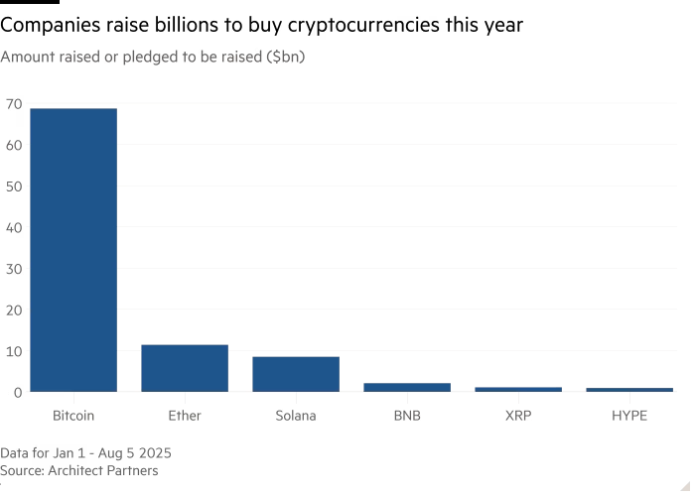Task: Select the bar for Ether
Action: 185,368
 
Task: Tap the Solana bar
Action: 296,374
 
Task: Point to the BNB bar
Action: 407,387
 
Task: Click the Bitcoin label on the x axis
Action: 73,416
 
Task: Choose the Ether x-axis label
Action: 185,416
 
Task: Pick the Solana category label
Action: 296,416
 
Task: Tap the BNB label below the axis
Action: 407,416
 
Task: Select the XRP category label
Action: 518,416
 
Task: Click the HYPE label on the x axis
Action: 629,416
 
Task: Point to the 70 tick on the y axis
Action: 13,103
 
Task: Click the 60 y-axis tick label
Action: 13,145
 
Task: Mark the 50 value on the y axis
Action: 13,186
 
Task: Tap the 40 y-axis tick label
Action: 13,227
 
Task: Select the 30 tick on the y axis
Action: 13,269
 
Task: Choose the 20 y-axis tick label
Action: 13,310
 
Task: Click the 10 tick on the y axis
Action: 13,351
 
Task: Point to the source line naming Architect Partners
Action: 78,470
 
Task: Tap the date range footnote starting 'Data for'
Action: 85,452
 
